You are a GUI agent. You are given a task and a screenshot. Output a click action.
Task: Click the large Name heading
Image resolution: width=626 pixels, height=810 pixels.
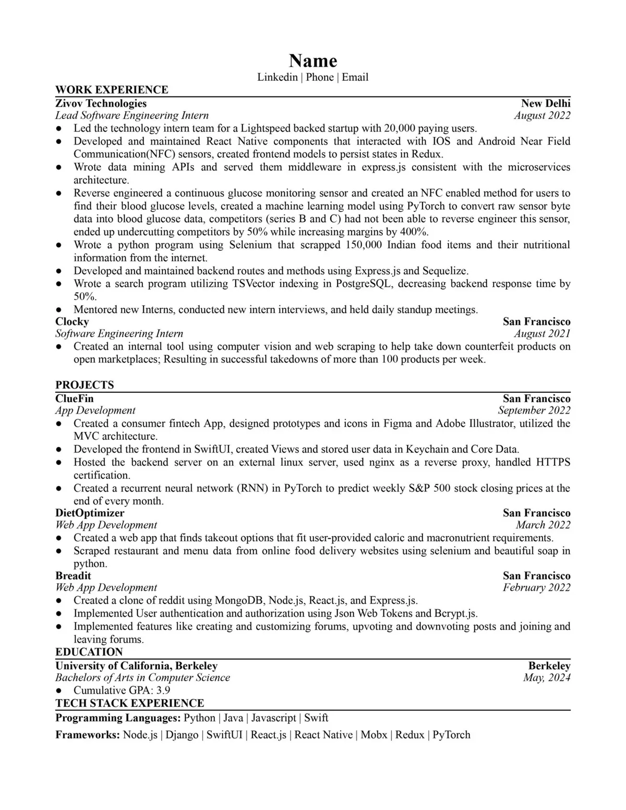pos(313,61)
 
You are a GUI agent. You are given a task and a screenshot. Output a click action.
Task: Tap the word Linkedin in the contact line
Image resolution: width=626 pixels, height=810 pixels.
pos(277,77)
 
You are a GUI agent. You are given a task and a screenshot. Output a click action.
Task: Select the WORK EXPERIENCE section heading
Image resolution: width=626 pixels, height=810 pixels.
pos(112,90)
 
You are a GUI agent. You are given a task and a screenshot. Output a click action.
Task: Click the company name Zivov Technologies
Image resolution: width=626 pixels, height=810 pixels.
pos(101,103)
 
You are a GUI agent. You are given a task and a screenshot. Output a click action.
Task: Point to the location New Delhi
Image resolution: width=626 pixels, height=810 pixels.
pos(546,103)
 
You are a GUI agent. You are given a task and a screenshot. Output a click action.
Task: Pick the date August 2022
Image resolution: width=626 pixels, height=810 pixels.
pos(542,116)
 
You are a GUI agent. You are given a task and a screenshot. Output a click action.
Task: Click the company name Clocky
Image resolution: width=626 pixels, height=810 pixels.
pos(72,321)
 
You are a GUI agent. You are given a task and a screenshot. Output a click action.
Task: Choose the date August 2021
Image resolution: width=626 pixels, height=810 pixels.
pos(542,334)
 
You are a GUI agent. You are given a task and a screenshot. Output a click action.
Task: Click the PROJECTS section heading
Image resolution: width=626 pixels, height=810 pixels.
pos(85,385)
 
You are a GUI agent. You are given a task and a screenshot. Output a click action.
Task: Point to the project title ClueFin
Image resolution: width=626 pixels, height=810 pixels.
pos(75,398)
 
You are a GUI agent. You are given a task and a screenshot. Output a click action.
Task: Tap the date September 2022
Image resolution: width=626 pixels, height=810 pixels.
pos(534,410)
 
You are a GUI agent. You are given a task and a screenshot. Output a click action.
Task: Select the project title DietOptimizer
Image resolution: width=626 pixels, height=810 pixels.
pos(90,513)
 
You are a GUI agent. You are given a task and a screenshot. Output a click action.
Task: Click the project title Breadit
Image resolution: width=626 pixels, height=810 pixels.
pos(73,576)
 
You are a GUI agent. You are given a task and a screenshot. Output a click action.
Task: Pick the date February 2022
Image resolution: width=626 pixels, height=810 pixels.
pos(536,588)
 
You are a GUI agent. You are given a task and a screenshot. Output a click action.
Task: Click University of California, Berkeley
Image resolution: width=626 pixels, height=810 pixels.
pos(136,666)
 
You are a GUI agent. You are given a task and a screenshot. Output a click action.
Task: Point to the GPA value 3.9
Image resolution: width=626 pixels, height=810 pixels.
pos(163,691)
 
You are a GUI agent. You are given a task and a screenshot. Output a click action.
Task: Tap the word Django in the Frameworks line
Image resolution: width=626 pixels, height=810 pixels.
pos(182,735)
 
